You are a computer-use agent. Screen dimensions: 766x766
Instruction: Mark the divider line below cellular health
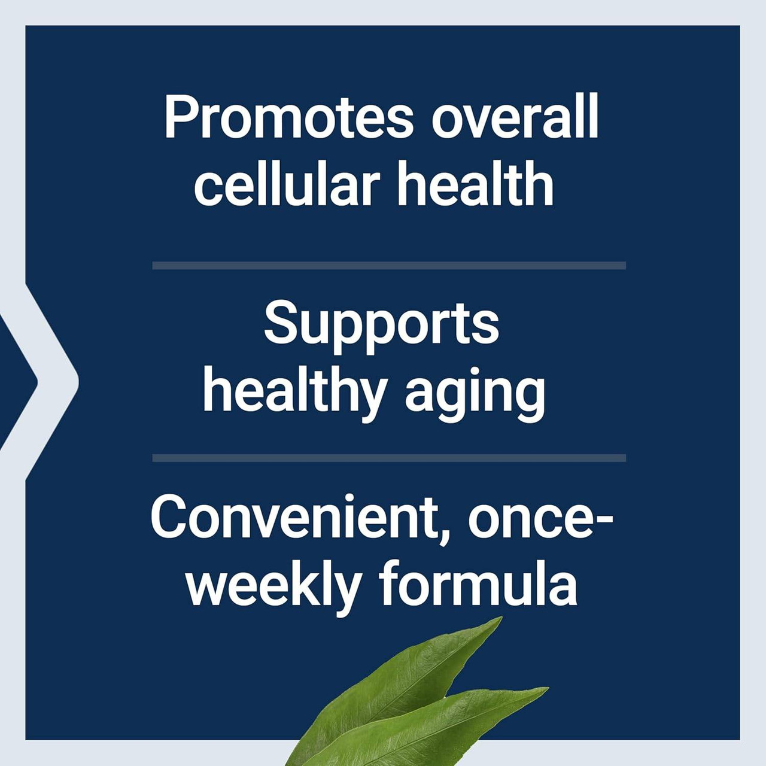pyautogui.click(x=389, y=265)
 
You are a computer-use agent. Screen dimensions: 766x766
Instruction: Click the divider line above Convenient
pyautogui.click(x=389, y=458)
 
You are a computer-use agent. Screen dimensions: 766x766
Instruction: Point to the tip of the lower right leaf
pyautogui.click(x=546, y=689)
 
